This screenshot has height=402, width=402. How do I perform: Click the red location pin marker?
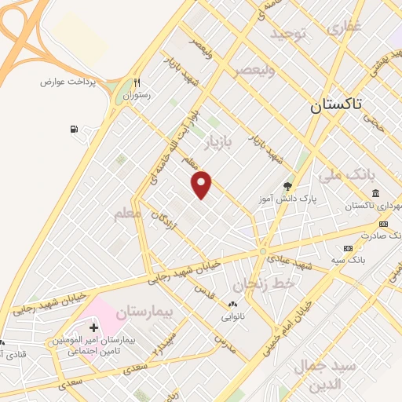[x=202, y=184]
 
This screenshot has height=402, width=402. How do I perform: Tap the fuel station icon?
[x=74, y=129]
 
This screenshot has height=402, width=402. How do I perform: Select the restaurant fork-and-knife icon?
[x=137, y=82]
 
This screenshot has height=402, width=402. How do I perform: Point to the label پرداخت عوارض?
[x=68, y=82]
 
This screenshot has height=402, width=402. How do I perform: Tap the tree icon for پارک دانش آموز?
[x=287, y=186]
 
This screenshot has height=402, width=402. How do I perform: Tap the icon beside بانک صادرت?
[x=383, y=224]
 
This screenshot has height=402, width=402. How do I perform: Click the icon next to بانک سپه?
[x=348, y=248]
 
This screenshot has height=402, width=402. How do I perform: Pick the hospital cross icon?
[x=93, y=327]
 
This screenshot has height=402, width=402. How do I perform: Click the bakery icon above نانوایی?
[x=232, y=304]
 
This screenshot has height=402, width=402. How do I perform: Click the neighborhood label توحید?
[x=287, y=34]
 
